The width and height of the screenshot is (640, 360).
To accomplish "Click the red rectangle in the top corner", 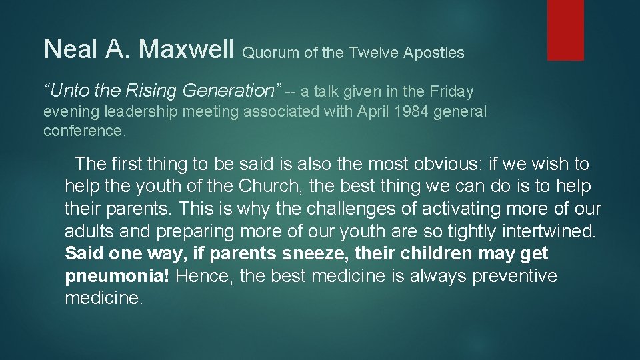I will click(x=565, y=29).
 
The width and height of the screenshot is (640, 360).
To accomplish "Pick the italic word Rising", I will click(x=153, y=91).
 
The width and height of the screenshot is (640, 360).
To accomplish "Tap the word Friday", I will click(x=451, y=91).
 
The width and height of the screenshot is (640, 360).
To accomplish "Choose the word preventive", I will click(x=514, y=277).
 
